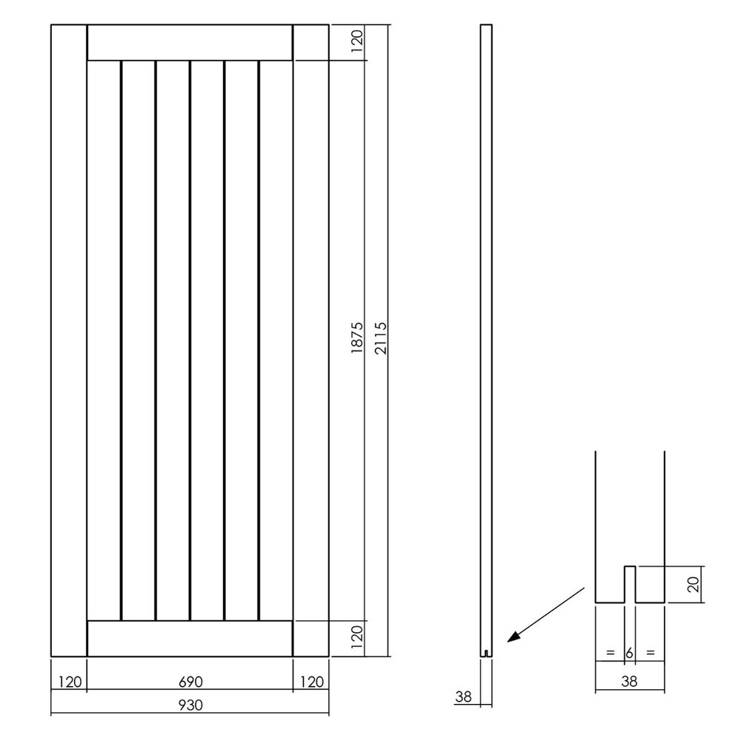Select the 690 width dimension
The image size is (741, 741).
(190, 681)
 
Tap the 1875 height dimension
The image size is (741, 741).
(356, 339)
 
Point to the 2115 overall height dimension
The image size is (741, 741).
(379, 339)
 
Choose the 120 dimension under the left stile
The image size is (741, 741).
(69, 681)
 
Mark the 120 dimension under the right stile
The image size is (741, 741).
(311, 681)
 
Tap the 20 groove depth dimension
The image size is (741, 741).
(692, 585)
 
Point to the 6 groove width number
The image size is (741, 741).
(630, 653)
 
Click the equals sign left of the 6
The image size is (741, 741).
(610, 653)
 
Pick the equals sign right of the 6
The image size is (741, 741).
(650, 653)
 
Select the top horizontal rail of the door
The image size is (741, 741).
(190, 43)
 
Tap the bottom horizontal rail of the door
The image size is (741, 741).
(190, 637)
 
